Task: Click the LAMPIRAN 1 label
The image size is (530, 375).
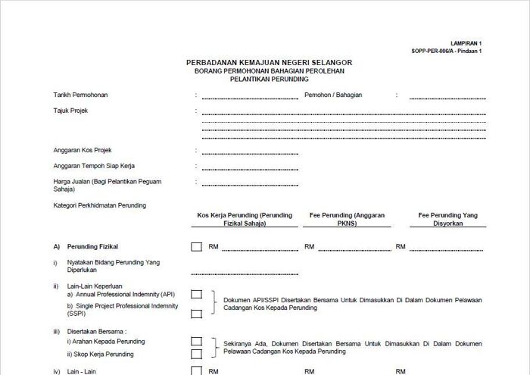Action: point(466,45)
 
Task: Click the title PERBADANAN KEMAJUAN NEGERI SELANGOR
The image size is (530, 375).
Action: point(269,62)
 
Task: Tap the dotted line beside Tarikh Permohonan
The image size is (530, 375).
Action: point(250,98)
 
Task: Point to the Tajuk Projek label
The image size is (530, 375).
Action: point(70,111)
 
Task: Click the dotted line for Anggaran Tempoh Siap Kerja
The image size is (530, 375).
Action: point(250,167)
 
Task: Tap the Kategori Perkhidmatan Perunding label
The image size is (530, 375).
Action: point(100,205)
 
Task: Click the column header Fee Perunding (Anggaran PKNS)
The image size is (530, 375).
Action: point(348,220)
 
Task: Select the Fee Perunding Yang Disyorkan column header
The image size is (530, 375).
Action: point(449,220)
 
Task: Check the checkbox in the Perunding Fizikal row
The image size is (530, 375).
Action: point(197,246)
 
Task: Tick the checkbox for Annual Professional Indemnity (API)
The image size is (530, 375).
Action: point(197,294)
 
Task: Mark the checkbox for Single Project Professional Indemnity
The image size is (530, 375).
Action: point(197,313)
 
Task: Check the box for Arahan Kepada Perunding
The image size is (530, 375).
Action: point(197,341)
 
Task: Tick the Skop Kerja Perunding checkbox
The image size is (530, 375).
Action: point(197,353)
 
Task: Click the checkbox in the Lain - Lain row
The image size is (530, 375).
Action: point(197,371)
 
